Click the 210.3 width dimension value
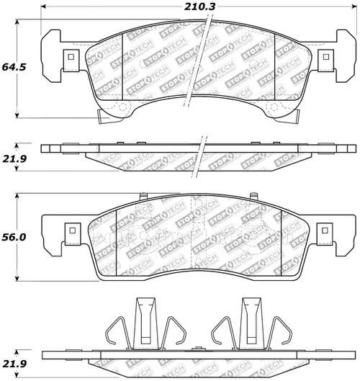199,6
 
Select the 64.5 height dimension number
14,67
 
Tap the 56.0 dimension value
14,237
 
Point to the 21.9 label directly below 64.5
14,159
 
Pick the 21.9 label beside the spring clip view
14,364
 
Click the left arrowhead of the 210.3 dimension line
43,6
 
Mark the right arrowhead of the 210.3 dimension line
354,6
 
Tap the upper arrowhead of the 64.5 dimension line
17,22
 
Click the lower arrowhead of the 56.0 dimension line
17,279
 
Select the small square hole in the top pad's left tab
71,57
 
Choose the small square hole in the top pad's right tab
325,57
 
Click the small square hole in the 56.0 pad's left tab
73,230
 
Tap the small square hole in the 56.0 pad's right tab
325,230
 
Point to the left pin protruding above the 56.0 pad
143,197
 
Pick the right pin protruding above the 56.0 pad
254,196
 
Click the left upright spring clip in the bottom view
145,323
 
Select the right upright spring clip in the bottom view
251,323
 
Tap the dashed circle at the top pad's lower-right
274,107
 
